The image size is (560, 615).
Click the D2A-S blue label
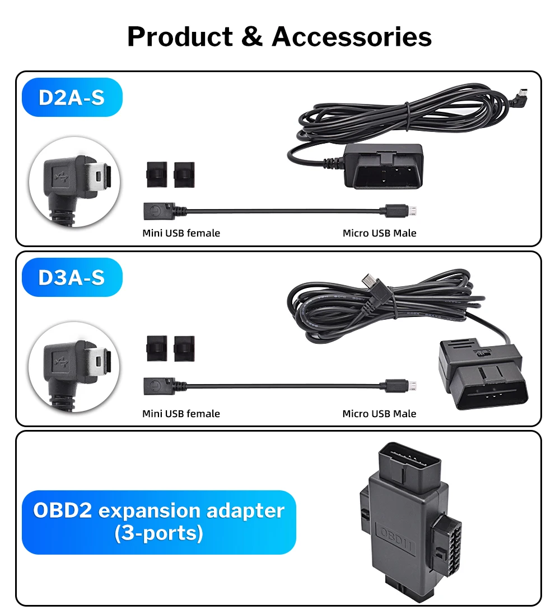(72, 97)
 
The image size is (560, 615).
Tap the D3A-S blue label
(72, 277)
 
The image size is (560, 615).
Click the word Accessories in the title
(352, 37)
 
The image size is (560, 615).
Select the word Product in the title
(180, 37)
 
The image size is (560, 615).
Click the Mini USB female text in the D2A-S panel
(181, 233)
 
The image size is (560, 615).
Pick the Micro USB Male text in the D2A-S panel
(379, 233)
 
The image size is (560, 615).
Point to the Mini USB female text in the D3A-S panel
(181, 414)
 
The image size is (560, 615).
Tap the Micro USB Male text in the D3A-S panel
(379, 414)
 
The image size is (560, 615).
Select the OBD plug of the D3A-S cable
(482, 375)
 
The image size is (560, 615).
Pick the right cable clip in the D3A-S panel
(184, 348)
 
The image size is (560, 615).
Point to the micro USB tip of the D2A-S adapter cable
(412, 211)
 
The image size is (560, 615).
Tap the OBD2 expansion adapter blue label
(158, 522)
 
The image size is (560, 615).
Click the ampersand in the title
(252, 37)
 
